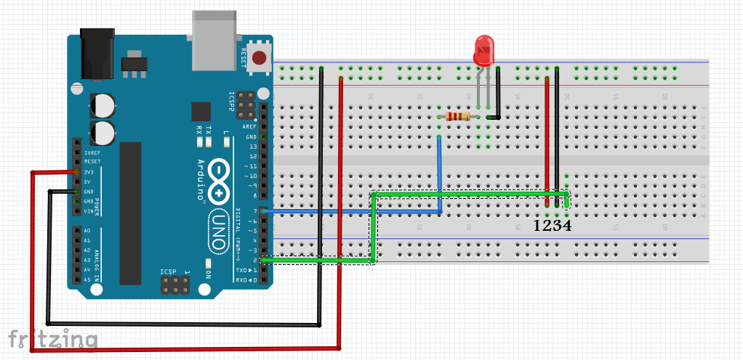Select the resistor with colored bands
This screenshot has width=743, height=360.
(x=459, y=116)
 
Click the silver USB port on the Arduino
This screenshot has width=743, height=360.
(x=215, y=41)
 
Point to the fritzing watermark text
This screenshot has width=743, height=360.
(x=53, y=339)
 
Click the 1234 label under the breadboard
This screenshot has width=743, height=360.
(x=552, y=226)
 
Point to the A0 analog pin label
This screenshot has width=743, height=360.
(x=87, y=231)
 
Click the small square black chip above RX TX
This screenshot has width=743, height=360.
(x=201, y=111)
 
